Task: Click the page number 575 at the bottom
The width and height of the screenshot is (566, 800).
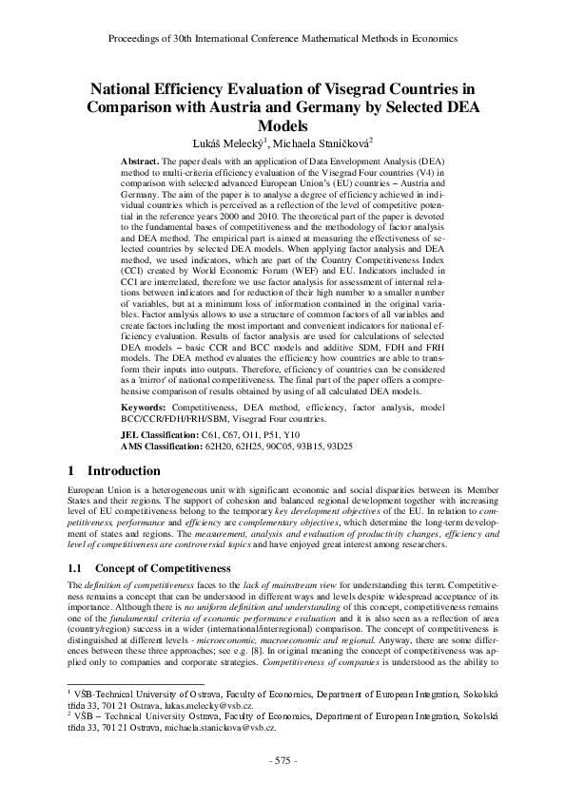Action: tap(283, 760)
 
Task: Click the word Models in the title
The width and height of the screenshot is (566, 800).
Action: tap(283, 124)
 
